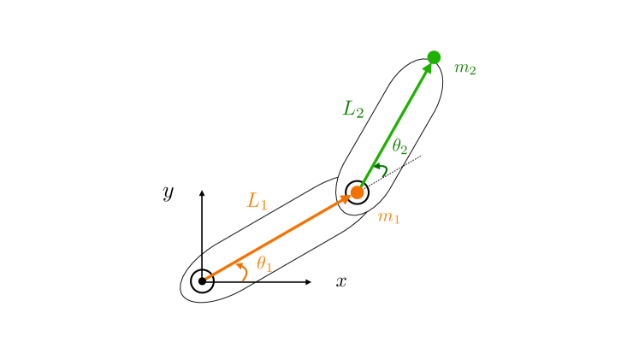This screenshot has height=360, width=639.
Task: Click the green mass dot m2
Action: [434, 57]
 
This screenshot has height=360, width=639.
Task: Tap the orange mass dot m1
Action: [358, 192]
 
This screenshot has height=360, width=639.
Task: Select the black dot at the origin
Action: [202, 280]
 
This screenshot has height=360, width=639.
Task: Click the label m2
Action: [465, 68]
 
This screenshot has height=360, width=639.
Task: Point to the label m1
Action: [389, 217]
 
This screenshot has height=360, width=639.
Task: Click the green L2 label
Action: [353, 109]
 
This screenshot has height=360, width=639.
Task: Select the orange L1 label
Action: [257, 201]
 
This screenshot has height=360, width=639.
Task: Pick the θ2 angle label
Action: [399, 147]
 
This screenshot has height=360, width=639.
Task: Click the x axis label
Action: [340, 281]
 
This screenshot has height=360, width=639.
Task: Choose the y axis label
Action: [169, 192]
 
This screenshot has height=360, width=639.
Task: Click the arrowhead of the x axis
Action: [308, 280]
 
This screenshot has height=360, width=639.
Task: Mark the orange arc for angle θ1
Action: [245, 271]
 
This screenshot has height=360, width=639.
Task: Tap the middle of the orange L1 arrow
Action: [275, 239]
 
